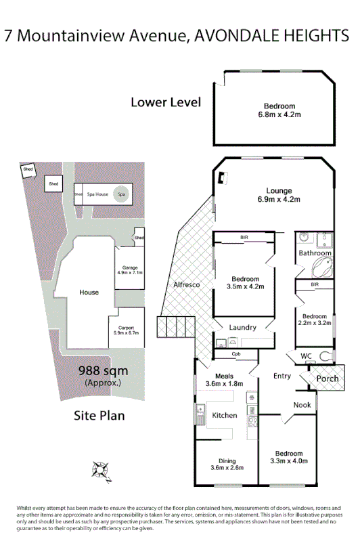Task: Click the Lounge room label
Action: click(278, 190)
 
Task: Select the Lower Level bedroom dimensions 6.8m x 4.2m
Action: click(279, 116)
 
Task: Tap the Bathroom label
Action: click(315, 253)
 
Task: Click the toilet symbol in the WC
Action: click(327, 356)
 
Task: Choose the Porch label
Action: click(328, 378)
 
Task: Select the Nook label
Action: click(301, 405)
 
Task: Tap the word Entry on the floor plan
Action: click(282, 376)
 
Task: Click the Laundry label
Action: click(242, 328)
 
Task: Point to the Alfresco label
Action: click(186, 286)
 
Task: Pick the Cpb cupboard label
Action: click(236, 353)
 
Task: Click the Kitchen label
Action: click(225, 415)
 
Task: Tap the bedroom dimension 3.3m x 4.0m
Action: click(289, 462)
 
